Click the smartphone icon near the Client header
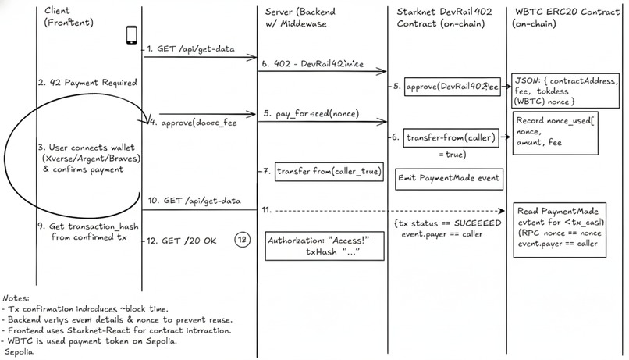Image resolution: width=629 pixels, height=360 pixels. (132, 34)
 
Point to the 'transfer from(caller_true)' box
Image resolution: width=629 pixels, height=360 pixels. (327, 171)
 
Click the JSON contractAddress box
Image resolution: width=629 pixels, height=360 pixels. (564, 91)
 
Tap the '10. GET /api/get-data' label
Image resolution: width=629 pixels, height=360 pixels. (196, 201)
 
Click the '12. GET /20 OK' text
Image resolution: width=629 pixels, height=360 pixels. (186, 241)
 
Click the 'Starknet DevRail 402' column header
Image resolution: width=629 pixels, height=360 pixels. (445, 18)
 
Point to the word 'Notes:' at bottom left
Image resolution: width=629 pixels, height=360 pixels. (17, 298)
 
